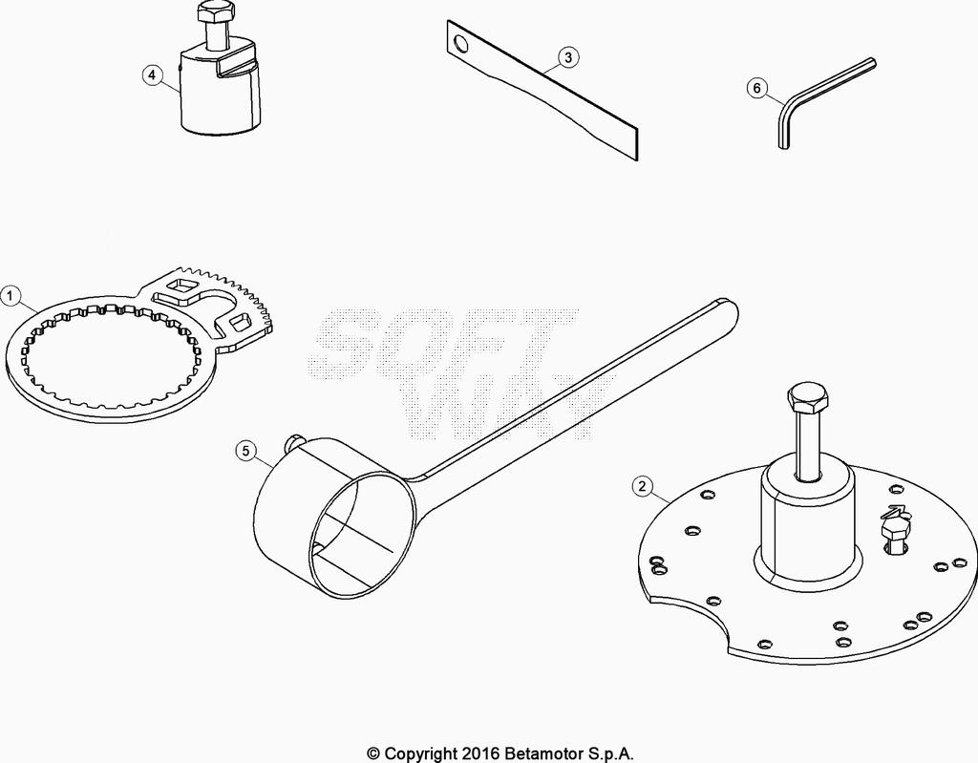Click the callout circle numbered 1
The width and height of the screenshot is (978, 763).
11,296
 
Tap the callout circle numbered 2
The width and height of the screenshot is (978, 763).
643,486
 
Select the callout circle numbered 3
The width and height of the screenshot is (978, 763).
567,57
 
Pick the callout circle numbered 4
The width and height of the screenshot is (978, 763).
152,75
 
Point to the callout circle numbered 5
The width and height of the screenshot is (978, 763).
245,451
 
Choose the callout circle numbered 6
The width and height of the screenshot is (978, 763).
757,88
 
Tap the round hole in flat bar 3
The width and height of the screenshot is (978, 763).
461,44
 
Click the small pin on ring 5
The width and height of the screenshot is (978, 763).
292,443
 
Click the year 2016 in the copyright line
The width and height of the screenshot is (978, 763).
479,753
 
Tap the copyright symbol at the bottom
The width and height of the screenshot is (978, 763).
373,753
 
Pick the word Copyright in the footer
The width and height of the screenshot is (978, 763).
420,754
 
